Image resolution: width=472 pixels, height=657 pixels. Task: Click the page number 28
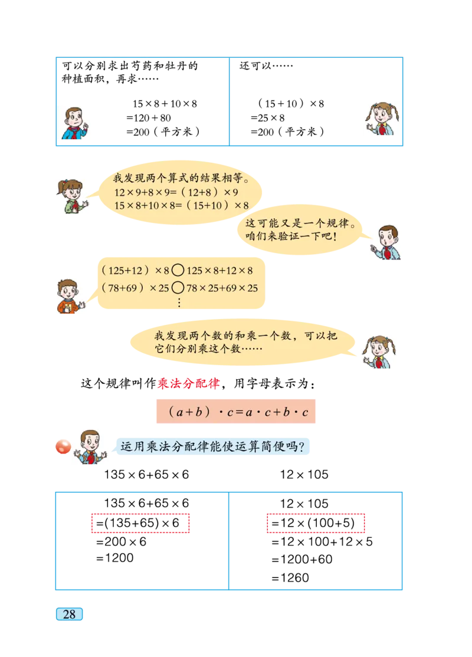pos(69,614)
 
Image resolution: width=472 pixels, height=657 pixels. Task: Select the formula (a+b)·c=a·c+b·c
pos(236,412)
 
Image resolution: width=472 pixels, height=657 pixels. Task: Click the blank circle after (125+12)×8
pos(178,271)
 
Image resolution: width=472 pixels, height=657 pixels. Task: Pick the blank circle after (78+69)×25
pos(178,288)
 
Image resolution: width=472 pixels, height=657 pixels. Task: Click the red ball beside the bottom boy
pos(63,448)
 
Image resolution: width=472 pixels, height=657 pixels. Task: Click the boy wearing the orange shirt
pos(70,295)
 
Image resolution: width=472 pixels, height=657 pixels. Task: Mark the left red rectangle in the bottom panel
pos(140,523)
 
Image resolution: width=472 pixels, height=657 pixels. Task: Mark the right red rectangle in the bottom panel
pos(316,523)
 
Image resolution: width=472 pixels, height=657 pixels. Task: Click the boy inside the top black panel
pos(75,123)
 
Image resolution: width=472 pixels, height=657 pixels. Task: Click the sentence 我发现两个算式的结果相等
pos(180,178)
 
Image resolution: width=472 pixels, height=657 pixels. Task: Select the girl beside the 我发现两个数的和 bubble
pos(379,352)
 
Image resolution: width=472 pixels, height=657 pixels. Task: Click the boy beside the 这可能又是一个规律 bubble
pos(386,243)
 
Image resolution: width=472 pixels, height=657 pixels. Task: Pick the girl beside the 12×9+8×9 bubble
pos(73,196)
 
